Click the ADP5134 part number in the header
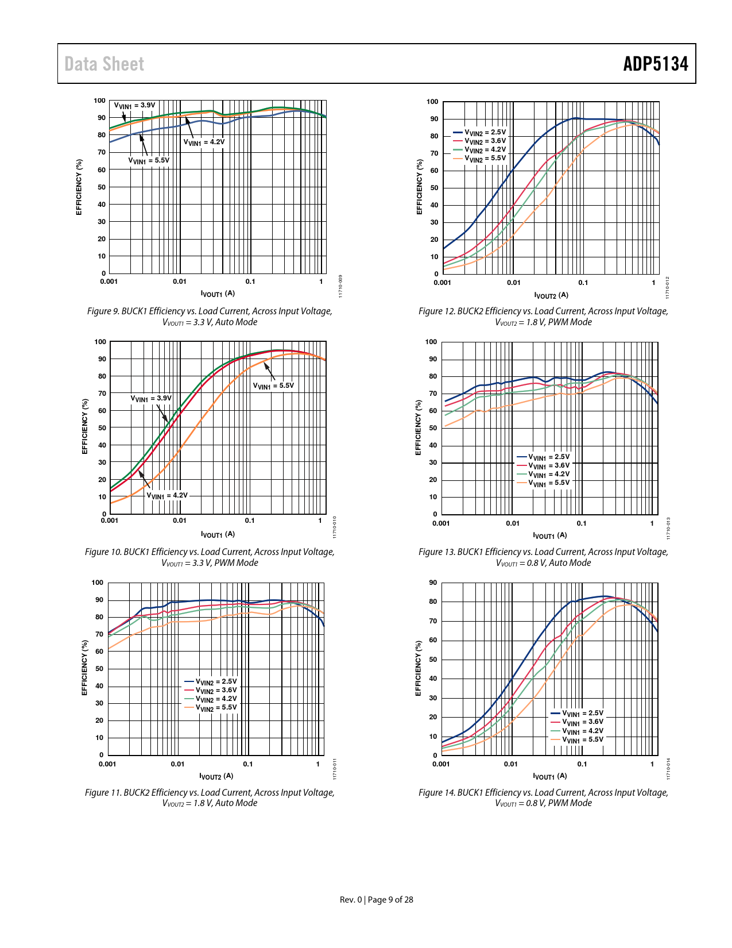pos(656,64)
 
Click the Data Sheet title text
pos(104,64)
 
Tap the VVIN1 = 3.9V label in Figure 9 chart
pos(134,105)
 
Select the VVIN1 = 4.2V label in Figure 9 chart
pos(204,142)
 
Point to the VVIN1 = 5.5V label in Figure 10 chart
pos(273,386)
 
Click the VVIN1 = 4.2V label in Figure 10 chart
pos(167,495)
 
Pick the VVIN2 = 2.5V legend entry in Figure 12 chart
pos(485,132)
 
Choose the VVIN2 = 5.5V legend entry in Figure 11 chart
pos(216,708)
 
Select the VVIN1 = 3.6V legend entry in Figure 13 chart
pos(549,465)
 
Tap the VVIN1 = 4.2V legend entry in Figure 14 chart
pos(583,731)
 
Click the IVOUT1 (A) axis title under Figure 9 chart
pos(218,294)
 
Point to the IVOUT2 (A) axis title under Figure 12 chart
pos(551,295)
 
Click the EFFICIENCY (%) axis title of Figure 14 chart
pos(418,668)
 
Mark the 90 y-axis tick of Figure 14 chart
pos(433,583)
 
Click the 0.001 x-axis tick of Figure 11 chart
pos(107,764)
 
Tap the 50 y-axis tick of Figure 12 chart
pos(434,188)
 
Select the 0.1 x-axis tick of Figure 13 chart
pos(582,523)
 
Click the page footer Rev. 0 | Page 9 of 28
pos(376,900)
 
